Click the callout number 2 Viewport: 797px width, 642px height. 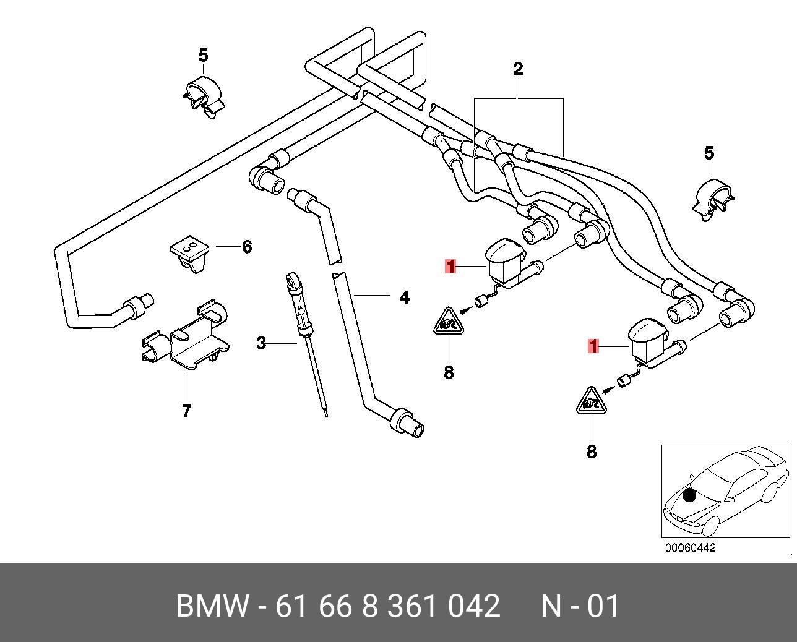point(518,69)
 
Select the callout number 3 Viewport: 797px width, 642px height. point(261,343)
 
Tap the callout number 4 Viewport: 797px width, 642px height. point(405,297)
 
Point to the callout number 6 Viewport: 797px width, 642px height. point(247,247)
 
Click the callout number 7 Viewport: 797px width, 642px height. point(186,410)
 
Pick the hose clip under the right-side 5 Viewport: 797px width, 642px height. point(713,200)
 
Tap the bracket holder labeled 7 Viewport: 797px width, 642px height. point(186,335)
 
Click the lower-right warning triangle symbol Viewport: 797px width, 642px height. point(592,401)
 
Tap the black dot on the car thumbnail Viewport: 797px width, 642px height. point(689,495)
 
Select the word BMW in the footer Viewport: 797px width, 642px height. point(212,606)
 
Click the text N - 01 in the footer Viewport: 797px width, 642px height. point(580,606)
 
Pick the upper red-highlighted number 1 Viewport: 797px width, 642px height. point(450,266)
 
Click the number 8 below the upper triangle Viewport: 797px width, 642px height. point(449,372)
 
